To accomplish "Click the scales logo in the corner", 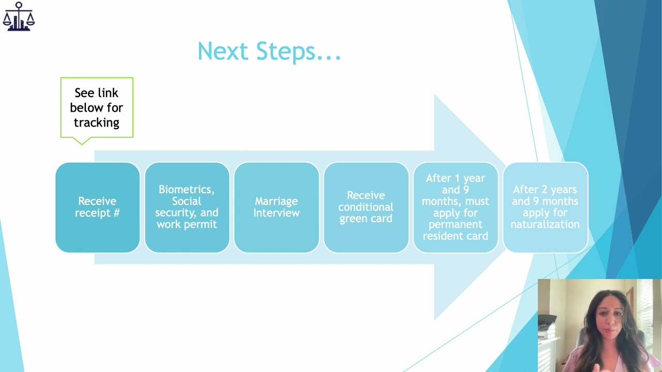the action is pyautogui.click(x=19, y=17).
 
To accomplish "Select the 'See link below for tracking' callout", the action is pyautogui.click(x=97, y=107).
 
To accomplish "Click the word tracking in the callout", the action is pyautogui.click(x=97, y=122).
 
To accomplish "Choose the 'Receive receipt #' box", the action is pyautogui.click(x=97, y=207).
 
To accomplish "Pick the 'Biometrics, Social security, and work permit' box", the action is pyautogui.click(x=187, y=207).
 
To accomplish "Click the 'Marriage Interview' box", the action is pyautogui.click(x=276, y=207).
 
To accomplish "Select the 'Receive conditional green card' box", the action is pyautogui.click(x=366, y=207).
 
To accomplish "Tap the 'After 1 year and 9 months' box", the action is pyautogui.click(x=455, y=207).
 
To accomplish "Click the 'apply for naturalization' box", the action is pyautogui.click(x=545, y=207).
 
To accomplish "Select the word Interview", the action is pyautogui.click(x=276, y=213).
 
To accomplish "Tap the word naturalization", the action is pyautogui.click(x=545, y=224).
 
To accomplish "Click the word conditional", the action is pyautogui.click(x=366, y=207).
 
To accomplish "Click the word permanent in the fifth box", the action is pyautogui.click(x=455, y=224).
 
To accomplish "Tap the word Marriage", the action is pyautogui.click(x=276, y=201).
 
